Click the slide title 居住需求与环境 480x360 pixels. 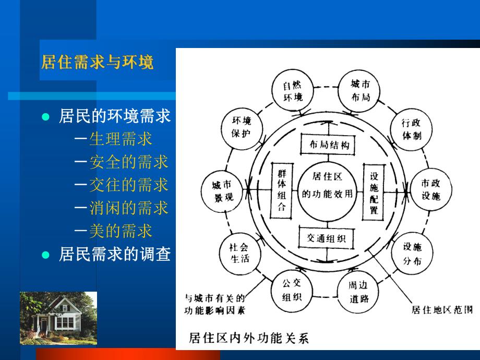(98, 63)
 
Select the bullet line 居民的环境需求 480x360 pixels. (115, 116)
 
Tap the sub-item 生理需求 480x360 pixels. (121, 139)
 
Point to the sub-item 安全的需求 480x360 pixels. (128, 162)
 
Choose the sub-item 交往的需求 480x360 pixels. (128, 185)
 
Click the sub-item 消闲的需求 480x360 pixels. (128, 208)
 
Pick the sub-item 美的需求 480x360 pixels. (121, 230)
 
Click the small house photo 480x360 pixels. (58, 318)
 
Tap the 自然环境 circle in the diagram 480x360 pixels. (293, 91)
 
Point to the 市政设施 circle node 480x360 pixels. (431, 190)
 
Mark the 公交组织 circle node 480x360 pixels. (292, 291)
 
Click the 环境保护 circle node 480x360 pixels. (241, 127)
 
